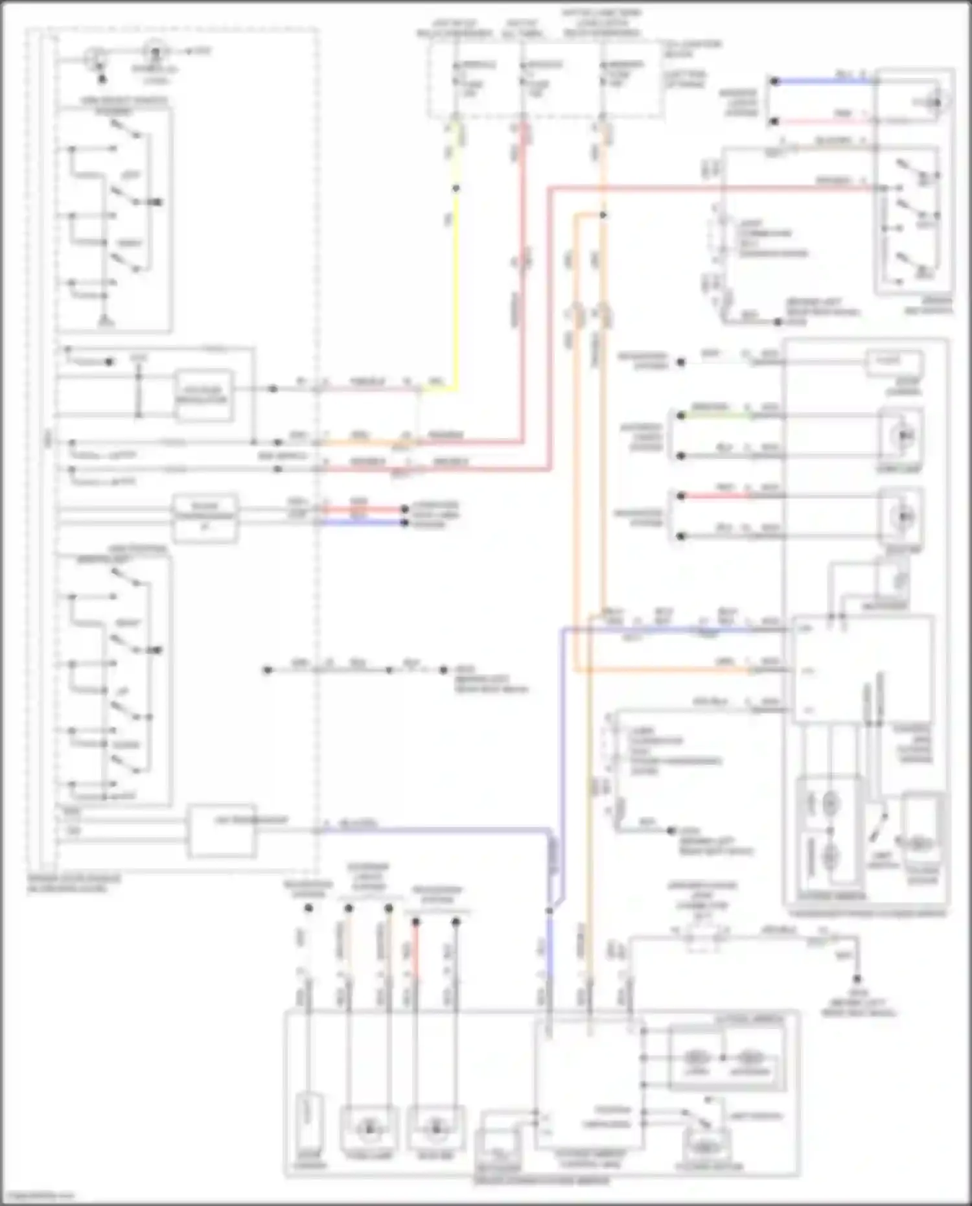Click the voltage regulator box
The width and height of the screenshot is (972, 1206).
204,395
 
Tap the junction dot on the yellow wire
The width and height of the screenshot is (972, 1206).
456,188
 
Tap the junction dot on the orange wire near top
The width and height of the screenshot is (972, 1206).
603,215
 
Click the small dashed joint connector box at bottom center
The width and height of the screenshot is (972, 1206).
703,938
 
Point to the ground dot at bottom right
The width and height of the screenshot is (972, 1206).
857,979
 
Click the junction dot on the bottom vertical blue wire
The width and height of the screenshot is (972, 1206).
550,910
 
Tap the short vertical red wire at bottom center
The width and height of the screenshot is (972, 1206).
415,953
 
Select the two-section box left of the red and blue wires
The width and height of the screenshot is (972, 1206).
205,518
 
